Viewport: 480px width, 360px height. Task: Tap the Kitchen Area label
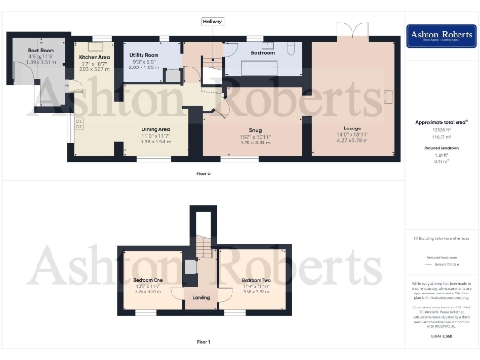click(94, 57)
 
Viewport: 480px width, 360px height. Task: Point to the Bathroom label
click(262, 53)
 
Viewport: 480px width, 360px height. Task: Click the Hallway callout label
click(215, 20)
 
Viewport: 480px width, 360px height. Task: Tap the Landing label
click(202, 298)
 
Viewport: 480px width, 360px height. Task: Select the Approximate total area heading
click(441, 123)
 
